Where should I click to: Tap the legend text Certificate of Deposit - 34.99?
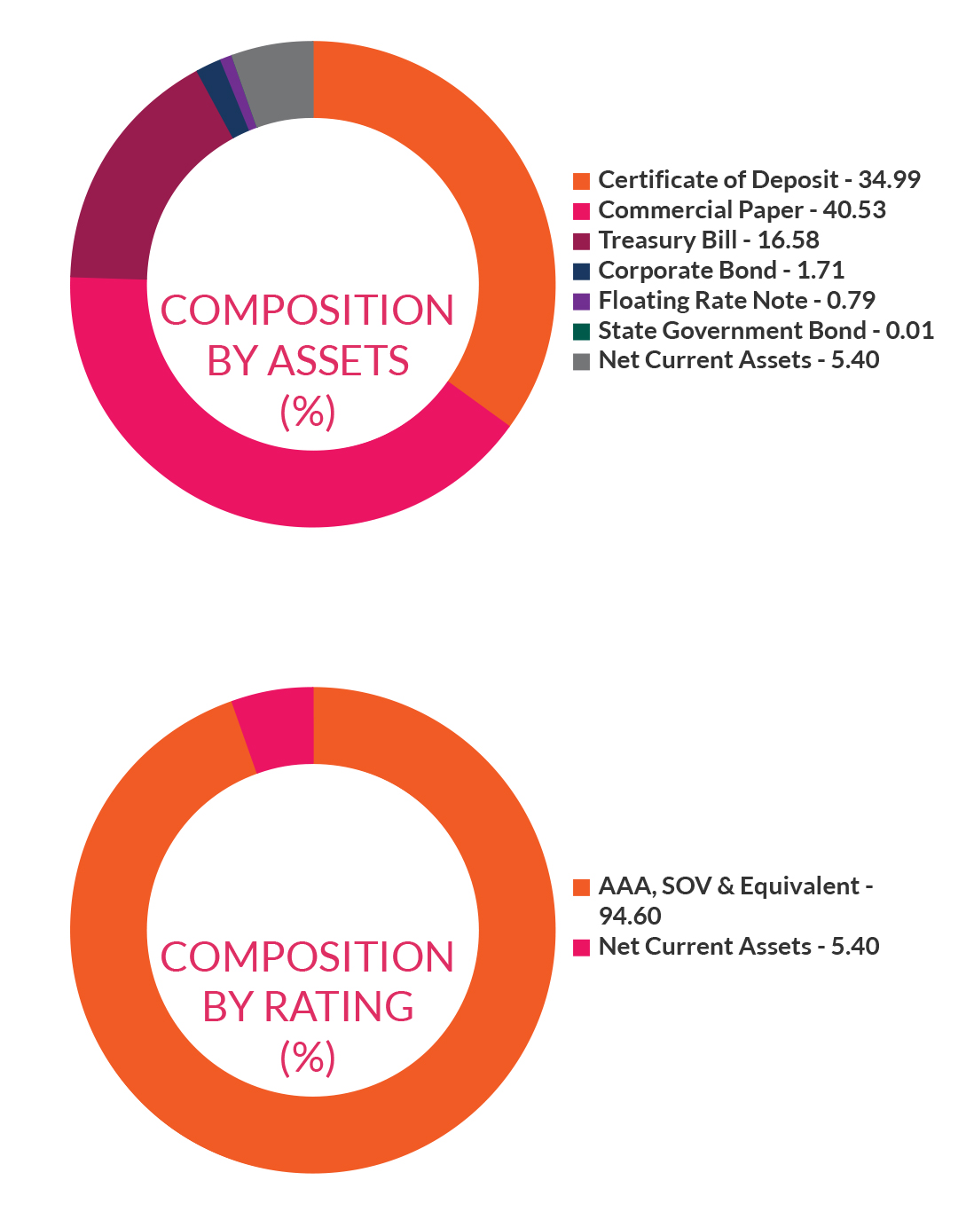(759, 180)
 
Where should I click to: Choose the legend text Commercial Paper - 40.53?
(742, 210)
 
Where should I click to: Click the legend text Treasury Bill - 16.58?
(708, 240)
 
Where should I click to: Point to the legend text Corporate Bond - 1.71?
(720, 271)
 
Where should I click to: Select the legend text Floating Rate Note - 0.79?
(736, 301)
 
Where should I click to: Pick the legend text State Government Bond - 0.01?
(766, 331)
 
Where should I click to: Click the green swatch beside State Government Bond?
(581, 332)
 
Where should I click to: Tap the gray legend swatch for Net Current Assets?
(581, 361)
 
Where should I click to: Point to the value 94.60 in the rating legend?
(630, 917)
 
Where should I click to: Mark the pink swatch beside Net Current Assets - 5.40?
(581, 947)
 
